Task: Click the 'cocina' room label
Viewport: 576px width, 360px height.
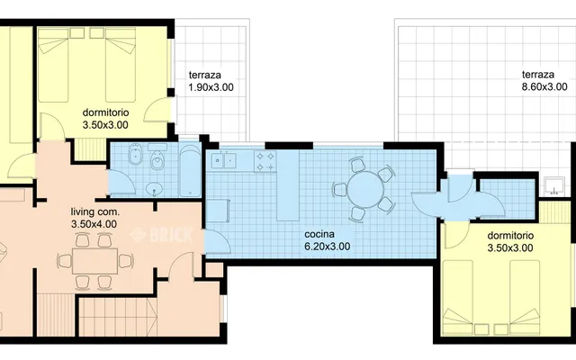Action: click(319, 234)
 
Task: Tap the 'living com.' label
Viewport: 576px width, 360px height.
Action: click(95, 212)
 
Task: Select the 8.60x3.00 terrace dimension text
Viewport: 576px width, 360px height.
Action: click(544, 87)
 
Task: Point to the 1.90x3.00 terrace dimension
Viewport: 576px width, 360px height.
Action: click(211, 87)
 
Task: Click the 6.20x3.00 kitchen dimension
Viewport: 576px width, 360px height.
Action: click(328, 247)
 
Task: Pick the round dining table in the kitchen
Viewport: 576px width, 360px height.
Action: click(365, 190)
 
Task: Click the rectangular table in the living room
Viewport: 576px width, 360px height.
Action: click(95, 261)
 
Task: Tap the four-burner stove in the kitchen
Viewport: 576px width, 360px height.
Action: click(265, 161)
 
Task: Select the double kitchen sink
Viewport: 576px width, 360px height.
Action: click(223, 160)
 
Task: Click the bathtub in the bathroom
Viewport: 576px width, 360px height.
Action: click(190, 171)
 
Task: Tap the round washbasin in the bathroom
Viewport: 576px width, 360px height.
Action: click(154, 190)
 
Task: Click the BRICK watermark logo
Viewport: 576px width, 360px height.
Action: click(162, 236)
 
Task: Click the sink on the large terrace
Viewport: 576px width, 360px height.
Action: click(554, 185)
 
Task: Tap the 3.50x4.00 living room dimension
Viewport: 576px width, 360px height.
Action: click(94, 224)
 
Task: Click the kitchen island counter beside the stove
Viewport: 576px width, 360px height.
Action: click(288, 185)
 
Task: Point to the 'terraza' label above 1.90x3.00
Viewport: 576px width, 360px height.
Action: click(205, 75)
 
